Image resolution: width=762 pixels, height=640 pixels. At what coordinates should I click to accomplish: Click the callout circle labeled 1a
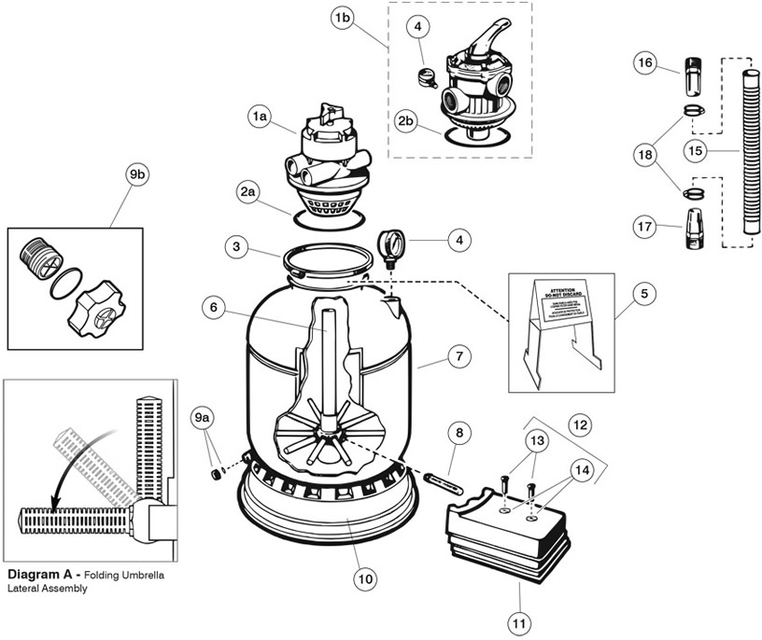click(259, 117)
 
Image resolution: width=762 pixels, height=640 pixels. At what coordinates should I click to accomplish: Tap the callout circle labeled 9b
click(136, 174)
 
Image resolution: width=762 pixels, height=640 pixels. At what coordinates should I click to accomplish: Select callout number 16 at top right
click(643, 63)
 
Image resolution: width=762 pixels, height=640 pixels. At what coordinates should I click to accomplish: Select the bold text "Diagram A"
click(43, 576)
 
